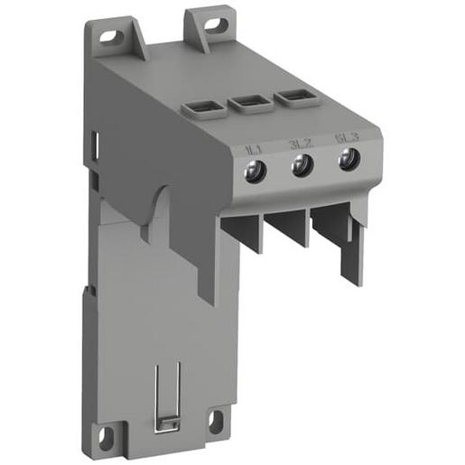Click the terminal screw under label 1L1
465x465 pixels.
[x=256, y=172]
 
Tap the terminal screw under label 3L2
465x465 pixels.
[x=302, y=165]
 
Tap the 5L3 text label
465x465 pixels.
[x=344, y=138]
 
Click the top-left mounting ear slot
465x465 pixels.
[x=113, y=38]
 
